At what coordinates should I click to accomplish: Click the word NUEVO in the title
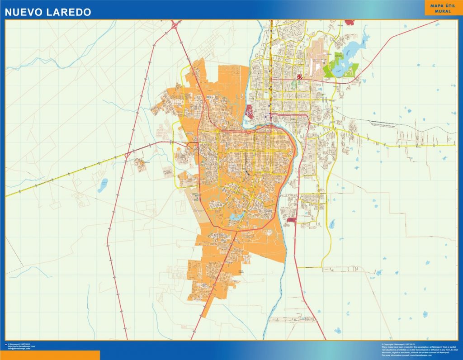(23, 12)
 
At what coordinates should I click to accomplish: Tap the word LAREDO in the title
(68, 12)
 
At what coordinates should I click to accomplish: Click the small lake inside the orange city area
(236, 216)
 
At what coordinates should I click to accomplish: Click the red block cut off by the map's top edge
(350, 22)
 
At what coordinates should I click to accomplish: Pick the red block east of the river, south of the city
(291, 220)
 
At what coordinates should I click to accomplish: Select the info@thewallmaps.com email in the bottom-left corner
(17, 349)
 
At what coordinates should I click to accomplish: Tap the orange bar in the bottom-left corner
(50, 355)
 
